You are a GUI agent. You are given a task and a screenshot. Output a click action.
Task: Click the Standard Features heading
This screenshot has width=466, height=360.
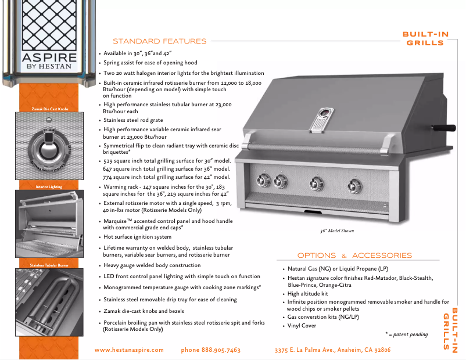coord(159,41)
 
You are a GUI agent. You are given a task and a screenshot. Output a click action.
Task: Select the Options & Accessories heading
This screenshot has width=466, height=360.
coord(354,255)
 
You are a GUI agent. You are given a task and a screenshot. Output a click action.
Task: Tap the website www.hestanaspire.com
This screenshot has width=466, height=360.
coord(129,350)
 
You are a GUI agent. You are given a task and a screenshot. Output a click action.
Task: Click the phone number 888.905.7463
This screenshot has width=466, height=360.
coord(210,350)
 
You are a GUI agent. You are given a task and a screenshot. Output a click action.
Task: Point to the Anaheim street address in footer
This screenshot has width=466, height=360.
coord(332,350)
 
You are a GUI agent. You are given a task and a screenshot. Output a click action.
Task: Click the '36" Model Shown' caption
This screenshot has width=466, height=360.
coord(337,231)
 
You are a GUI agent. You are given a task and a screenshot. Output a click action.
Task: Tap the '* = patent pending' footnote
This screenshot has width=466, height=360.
coord(407,334)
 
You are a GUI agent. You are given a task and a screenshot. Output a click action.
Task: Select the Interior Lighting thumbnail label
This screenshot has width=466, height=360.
coord(49,187)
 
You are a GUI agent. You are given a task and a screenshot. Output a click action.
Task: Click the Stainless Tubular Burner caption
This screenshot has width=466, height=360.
coord(49,265)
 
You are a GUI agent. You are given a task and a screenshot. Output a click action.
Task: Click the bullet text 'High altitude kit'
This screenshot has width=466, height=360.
coord(308,294)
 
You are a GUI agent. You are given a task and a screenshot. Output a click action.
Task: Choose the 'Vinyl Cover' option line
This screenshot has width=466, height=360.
coord(302,326)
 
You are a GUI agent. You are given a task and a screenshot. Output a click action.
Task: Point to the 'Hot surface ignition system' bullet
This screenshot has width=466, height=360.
coord(137,237)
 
